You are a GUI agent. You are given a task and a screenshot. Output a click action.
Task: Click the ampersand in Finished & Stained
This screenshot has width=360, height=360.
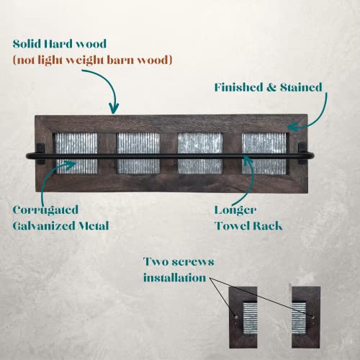point(271,87)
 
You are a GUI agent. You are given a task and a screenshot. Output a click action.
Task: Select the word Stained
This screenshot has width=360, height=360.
point(301,87)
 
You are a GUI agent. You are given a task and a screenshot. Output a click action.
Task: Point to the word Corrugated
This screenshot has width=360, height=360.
point(45,210)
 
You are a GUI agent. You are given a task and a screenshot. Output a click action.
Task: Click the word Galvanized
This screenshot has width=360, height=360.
point(41,226)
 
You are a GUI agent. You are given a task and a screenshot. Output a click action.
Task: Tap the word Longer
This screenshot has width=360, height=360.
point(235,210)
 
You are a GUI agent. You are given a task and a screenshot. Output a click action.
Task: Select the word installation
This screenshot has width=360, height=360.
point(175,278)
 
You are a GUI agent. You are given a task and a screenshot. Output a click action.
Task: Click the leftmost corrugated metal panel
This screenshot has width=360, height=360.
point(76,153)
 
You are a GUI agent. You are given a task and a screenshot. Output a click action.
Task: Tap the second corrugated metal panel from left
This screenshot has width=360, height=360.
point(138,153)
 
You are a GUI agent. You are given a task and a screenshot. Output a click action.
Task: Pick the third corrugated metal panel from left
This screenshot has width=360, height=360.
point(200,153)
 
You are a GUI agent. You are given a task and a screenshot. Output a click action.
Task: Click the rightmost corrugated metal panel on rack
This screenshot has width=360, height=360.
point(264,153)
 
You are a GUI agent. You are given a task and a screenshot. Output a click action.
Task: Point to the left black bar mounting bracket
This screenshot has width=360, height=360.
point(40,153)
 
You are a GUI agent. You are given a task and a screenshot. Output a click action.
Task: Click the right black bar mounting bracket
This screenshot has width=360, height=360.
point(302,153)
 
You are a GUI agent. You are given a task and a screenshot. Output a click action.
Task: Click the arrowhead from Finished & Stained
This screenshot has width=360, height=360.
point(293,127)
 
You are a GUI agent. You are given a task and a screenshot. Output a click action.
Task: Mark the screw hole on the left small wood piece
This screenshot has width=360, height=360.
point(236,318)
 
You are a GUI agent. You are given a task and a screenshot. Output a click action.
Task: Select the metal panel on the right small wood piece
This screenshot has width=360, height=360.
point(299,318)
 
